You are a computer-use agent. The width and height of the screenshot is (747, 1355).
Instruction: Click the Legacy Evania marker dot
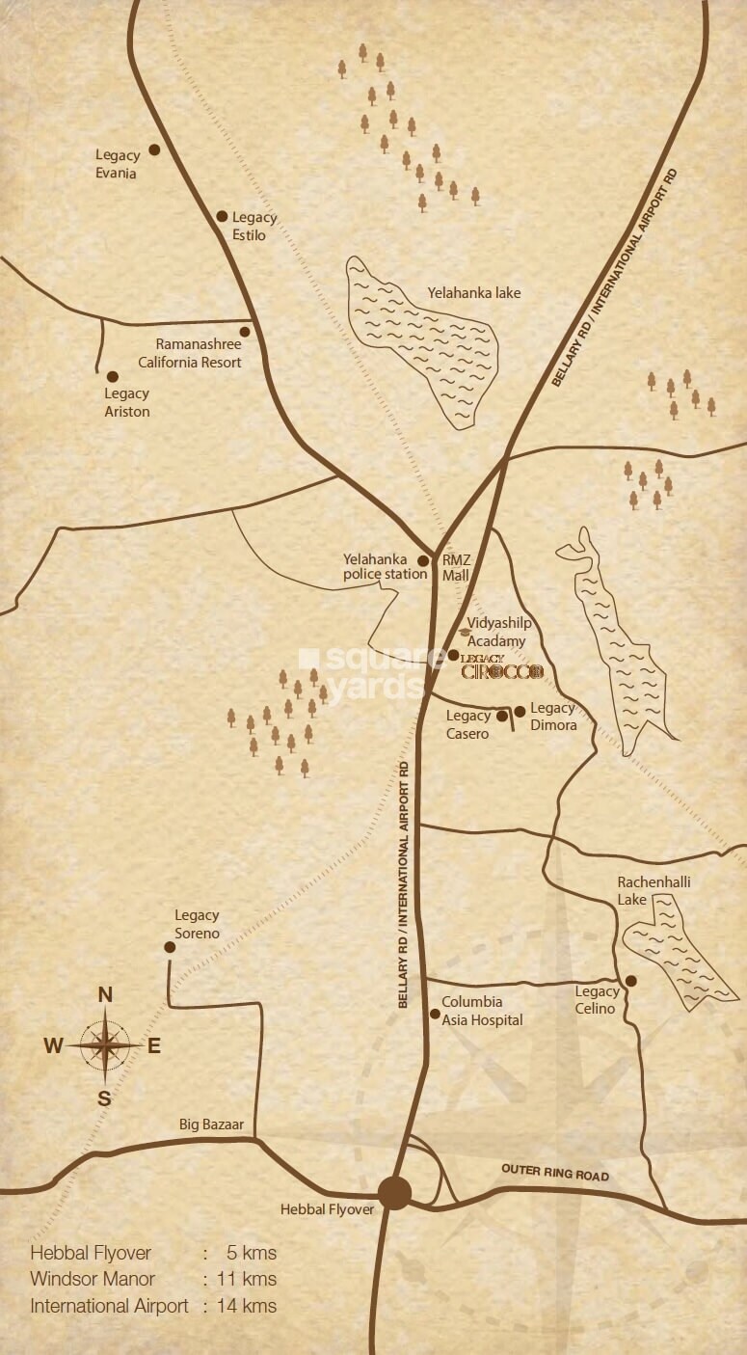tap(153, 150)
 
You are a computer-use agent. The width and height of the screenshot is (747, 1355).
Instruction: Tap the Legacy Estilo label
tap(253, 227)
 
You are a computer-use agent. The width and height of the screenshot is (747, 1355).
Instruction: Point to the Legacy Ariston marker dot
tap(113, 377)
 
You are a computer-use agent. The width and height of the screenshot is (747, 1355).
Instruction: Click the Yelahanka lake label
tap(473, 292)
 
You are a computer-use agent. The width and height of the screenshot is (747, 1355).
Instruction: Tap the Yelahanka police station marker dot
tap(422, 560)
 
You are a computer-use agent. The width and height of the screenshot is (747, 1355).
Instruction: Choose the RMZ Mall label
tap(455, 567)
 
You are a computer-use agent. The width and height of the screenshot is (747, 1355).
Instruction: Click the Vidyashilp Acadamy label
tap(496, 633)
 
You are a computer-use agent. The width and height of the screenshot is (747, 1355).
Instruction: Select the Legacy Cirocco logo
tap(502, 668)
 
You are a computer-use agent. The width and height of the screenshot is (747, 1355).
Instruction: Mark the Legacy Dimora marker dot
tap(520, 712)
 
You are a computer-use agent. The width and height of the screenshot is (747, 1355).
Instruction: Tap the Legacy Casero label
tap(467, 724)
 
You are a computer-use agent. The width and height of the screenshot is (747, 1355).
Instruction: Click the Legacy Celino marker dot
tap(631, 981)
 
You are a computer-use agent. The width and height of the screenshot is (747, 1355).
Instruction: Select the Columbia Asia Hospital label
tap(482, 1011)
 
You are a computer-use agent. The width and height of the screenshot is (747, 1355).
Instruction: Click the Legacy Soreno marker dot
tap(170, 947)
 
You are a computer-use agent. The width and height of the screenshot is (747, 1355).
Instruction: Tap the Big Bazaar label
tap(211, 1125)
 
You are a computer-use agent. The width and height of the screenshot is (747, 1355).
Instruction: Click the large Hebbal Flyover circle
tap(394, 1192)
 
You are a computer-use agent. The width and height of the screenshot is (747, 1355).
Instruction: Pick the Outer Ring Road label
tap(555, 1174)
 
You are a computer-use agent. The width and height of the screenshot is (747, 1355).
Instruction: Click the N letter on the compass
tap(106, 995)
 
